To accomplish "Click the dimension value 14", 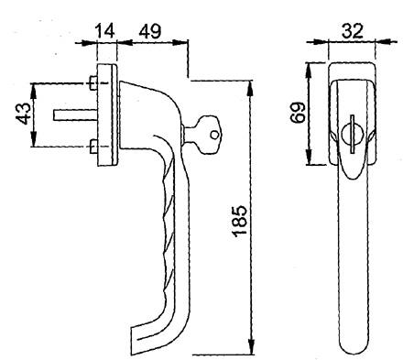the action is tap(105, 30).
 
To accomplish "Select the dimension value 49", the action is tap(150, 30).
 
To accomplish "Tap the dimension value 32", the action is tap(353, 30).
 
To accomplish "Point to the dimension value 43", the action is tap(24, 114).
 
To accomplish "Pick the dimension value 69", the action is tap(298, 112).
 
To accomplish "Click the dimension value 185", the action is tap(240, 221).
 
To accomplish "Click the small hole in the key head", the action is tap(214, 135).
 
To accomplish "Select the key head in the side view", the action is tap(207, 134).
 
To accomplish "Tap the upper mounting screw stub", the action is tap(93, 83).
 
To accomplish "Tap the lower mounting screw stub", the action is tap(93, 147).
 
